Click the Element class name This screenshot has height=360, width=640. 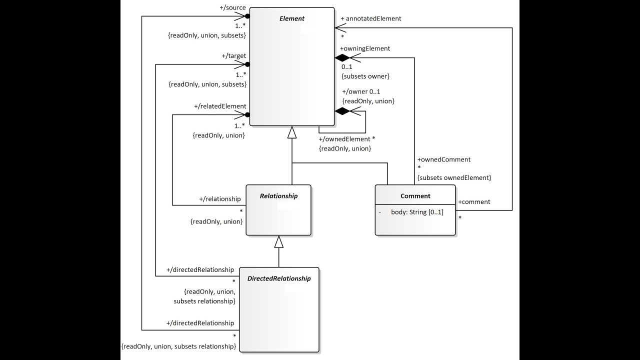291,18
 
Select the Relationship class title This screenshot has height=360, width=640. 278,196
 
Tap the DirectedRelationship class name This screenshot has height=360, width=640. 279,278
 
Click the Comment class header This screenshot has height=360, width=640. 415,196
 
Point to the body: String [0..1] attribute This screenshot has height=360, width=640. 417,212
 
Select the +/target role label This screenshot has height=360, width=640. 234,56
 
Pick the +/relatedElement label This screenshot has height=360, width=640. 220,106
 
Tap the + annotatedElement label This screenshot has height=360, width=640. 370,18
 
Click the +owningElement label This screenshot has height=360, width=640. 365,48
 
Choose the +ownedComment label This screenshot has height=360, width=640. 443,159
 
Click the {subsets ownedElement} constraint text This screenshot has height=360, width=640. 454,177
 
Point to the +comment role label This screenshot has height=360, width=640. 474,202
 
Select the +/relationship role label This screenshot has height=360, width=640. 220,199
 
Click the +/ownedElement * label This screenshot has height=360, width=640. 346,138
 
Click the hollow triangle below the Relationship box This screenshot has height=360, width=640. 279,242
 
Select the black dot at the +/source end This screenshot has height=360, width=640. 247,16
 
